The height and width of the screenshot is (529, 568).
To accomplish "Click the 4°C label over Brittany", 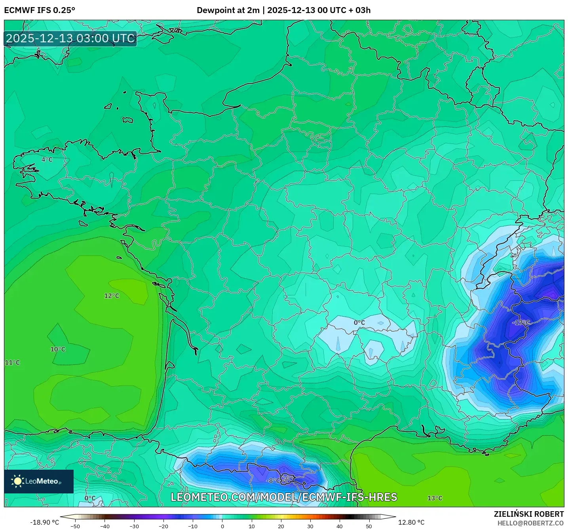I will click(x=47, y=160).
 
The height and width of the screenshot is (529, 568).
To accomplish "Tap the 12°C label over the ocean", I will click(x=112, y=296).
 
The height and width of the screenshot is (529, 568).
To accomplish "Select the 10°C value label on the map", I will click(x=58, y=349).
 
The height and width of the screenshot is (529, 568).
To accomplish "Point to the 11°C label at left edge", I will click(x=12, y=363).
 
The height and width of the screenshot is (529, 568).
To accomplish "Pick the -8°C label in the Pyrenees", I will click(x=273, y=481).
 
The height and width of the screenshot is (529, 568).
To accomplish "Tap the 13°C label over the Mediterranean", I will click(x=435, y=498).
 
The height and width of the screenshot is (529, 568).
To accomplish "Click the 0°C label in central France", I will click(x=359, y=323).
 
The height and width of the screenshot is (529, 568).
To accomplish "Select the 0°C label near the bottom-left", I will click(x=90, y=498).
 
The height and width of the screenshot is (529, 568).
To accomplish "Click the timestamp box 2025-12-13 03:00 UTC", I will click(x=70, y=38).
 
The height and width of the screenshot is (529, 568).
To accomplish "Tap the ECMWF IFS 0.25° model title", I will click(x=40, y=10).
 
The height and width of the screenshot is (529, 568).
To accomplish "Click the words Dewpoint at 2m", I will click(x=228, y=10).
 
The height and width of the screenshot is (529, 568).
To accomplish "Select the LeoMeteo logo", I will click(x=39, y=481).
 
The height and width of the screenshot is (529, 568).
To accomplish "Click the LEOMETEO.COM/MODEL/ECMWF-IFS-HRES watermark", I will click(x=284, y=497).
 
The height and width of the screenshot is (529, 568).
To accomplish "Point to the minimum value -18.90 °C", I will click(x=44, y=522).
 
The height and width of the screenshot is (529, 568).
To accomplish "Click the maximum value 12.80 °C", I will click(x=411, y=522).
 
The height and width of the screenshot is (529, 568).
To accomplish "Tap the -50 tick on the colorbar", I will click(x=75, y=526).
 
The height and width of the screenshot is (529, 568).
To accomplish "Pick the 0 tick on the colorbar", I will click(x=222, y=526).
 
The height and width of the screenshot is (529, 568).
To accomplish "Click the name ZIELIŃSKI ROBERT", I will click(x=529, y=514).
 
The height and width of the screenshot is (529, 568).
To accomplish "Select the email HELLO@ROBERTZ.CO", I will click(x=530, y=523).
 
